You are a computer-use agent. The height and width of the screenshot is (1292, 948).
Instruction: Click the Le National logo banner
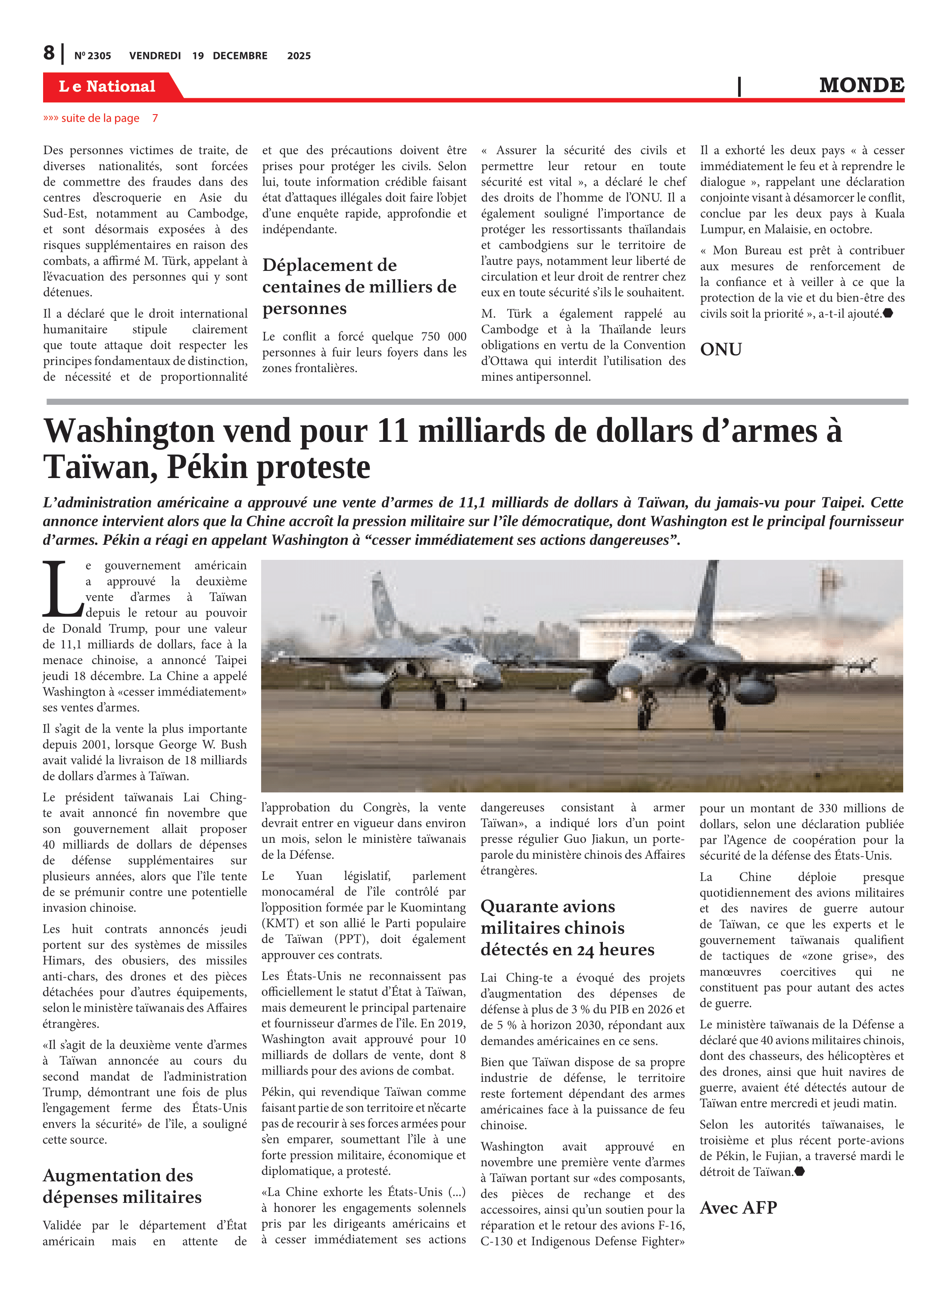click(x=107, y=86)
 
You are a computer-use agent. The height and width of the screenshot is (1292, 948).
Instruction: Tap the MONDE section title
click(x=861, y=85)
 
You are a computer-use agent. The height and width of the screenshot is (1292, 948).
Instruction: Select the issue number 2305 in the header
click(x=93, y=56)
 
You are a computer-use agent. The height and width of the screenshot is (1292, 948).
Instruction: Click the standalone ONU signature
click(x=721, y=349)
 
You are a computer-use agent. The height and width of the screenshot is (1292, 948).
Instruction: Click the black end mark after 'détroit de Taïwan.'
click(x=799, y=1171)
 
